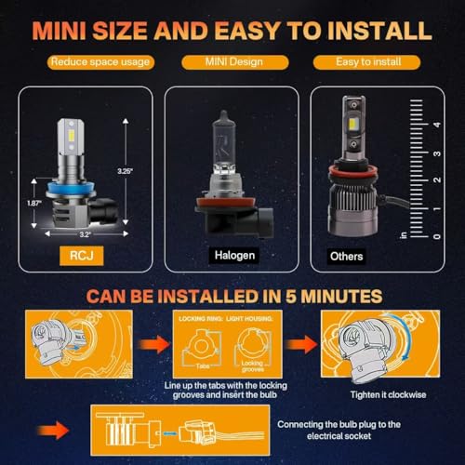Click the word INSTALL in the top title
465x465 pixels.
[373, 29]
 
